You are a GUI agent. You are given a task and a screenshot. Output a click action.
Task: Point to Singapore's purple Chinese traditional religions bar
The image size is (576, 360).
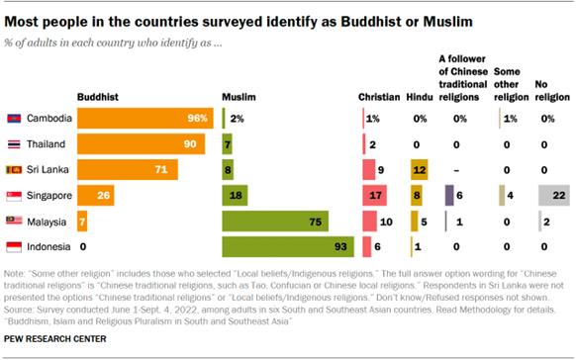(449, 195)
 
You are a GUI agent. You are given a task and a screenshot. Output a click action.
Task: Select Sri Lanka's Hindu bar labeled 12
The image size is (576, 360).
(419, 169)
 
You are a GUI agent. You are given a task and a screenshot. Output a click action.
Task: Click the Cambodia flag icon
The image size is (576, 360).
(15, 118)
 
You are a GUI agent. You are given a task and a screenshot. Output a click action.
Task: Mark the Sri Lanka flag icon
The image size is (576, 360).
(15, 169)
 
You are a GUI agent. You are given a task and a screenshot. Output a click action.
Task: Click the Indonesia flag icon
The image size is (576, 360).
(15, 246)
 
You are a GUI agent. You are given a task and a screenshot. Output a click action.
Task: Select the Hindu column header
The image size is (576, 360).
(417, 97)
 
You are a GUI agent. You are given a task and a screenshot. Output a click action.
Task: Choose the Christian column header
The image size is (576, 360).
(378, 97)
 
